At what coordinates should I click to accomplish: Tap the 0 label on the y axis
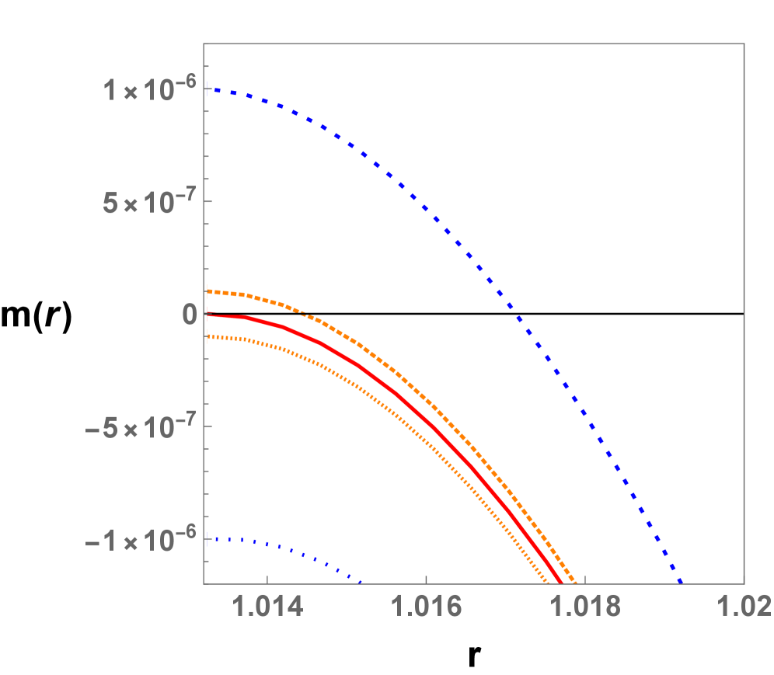(189, 315)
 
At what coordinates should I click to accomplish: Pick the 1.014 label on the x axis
(267, 607)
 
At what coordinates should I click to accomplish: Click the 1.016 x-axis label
(426, 607)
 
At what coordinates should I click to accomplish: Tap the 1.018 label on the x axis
(585, 607)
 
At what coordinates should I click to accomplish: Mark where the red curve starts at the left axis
(207, 315)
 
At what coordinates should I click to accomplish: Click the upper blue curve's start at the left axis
(207, 90)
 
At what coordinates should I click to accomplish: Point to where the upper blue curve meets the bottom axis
(681, 581)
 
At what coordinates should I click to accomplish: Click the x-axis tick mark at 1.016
(426, 579)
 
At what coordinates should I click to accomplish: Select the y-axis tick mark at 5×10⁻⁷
(207, 202)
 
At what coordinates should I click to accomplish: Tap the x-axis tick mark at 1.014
(267, 579)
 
